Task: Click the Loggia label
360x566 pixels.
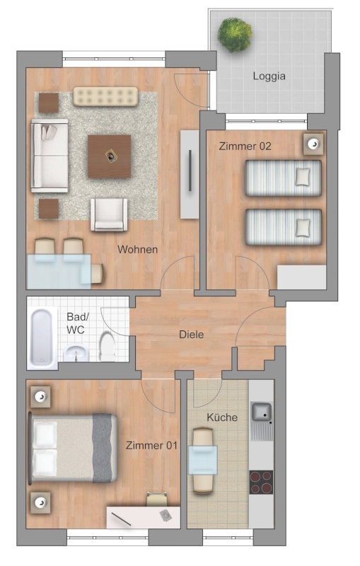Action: tap(269, 76)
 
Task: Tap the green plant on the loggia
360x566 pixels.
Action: tap(235, 35)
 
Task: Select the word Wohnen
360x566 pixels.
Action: tap(137, 250)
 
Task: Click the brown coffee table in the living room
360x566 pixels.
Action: tap(110, 156)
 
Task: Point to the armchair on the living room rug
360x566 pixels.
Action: tap(109, 214)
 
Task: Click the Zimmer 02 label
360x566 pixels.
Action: tap(245, 146)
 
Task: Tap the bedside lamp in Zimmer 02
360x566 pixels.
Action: tap(313, 144)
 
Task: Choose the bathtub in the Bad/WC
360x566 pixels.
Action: tap(42, 338)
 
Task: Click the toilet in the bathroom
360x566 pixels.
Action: tap(107, 347)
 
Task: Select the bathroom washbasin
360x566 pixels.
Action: tap(76, 353)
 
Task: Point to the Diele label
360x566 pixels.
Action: tap(192, 335)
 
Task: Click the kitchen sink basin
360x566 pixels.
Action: tap(262, 412)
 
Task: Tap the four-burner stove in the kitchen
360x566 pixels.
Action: tap(261, 483)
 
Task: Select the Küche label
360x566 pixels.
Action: tap(222, 417)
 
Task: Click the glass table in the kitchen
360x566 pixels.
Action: tap(203, 460)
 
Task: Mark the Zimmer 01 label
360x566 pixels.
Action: tap(151, 446)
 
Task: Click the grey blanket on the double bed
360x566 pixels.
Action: tap(102, 448)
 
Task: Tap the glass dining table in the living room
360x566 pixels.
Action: tap(59, 272)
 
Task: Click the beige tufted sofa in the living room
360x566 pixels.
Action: tap(105, 96)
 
